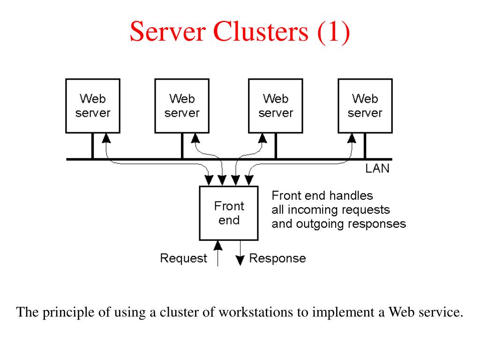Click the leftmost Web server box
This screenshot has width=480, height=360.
click(x=93, y=105)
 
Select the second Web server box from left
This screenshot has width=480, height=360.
click(x=182, y=105)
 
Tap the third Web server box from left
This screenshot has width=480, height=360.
click(x=276, y=105)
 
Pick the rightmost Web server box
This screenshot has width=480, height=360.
click(x=365, y=105)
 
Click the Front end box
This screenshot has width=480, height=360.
click(x=229, y=213)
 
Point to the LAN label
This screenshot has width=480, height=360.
click(x=377, y=169)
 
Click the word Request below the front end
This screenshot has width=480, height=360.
click(x=183, y=258)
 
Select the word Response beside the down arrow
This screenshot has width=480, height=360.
click(x=277, y=258)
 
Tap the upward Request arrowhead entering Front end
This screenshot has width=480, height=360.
click(x=217, y=244)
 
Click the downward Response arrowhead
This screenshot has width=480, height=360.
click(x=240, y=261)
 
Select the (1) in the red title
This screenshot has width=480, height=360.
click(x=333, y=31)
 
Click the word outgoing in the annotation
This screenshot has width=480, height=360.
click(x=317, y=224)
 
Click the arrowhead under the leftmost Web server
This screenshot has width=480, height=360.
click(x=106, y=137)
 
